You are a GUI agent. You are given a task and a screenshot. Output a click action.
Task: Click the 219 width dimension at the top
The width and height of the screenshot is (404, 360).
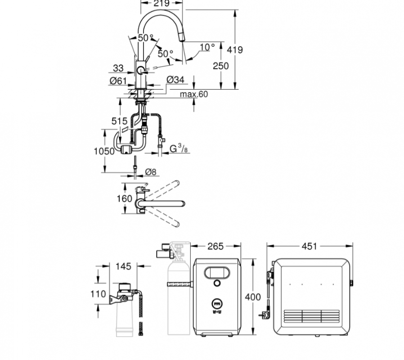(x=161, y=4)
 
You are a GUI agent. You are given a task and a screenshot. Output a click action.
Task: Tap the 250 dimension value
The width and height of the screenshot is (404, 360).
(x=220, y=66)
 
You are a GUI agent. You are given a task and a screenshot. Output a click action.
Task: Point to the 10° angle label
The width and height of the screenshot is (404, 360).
(x=207, y=47)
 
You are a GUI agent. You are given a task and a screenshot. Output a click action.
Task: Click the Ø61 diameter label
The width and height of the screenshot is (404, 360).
(x=118, y=81)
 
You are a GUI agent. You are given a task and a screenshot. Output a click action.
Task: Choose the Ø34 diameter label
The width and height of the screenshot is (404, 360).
(x=175, y=80)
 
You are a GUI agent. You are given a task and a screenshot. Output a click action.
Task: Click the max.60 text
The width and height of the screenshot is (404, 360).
(x=194, y=94)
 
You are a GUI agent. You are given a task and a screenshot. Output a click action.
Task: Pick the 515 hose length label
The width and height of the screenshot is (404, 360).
(x=120, y=121)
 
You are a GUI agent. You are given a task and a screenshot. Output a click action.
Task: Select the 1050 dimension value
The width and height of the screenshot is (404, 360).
(x=104, y=152)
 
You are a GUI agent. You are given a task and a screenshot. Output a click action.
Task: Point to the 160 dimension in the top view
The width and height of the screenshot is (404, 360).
(x=124, y=198)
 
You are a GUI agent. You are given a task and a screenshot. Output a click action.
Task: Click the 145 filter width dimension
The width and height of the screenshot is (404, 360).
(x=123, y=266)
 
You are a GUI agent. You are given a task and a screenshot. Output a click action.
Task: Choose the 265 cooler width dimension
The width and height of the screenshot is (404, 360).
(x=216, y=246)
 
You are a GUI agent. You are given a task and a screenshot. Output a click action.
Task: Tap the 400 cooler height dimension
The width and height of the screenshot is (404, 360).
(x=253, y=297)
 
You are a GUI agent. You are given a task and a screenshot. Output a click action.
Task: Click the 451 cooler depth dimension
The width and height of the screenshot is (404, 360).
(x=310, y=246)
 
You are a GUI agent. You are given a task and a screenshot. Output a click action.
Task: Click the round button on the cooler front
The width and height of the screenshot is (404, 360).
(x=217, y=283)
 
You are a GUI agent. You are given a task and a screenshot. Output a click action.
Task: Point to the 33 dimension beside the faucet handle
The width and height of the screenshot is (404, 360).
(x=118, y=68)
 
